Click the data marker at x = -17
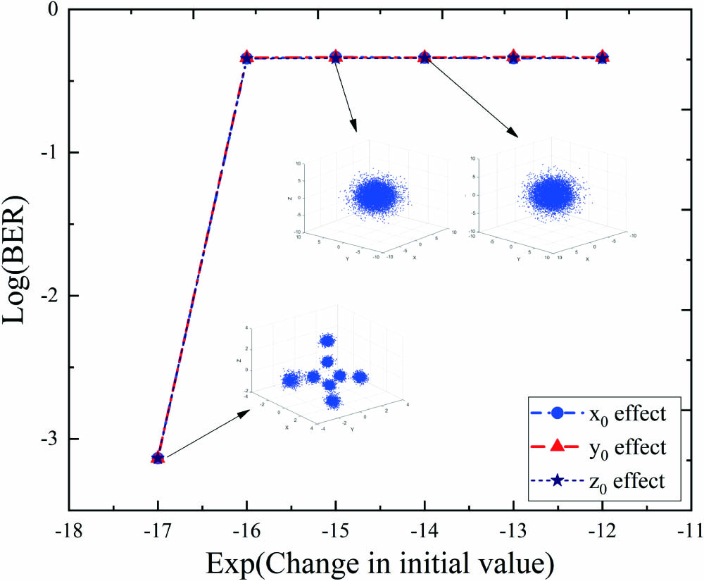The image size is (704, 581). click(x=158, y=458)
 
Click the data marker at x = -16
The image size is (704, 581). click(x=246, y=58)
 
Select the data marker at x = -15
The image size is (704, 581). click(x=336, y=57)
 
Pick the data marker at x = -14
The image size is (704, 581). click(x=425, y=57)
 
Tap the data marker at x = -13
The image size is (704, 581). click(x=513, y=57)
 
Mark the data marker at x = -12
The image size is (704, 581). click(x=603, y=57)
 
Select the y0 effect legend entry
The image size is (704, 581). click(x=598, y=447)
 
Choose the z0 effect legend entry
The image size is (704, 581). click(x=598, y=481)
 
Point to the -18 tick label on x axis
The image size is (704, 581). click(x=68, y=530)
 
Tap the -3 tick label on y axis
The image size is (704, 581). click(x=49, y=439)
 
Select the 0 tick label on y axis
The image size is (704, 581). click(x=54, y=10)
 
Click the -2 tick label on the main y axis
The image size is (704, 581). click(x=49, y=296)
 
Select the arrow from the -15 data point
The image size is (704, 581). click(x=346, y=95)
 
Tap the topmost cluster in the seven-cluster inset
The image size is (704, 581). click(x=327, y=340)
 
